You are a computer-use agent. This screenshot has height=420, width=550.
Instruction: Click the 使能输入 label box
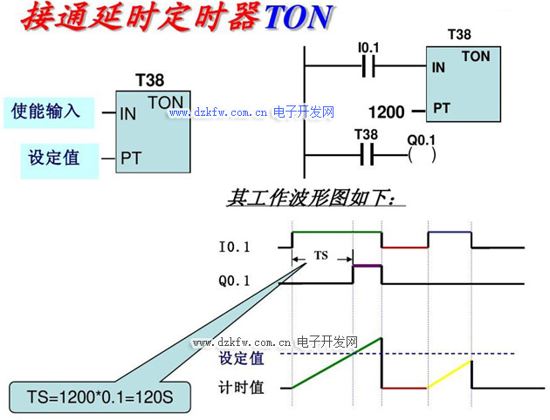45,112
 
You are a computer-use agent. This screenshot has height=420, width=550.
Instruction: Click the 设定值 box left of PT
54,158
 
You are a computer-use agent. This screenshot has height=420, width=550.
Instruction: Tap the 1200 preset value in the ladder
387,112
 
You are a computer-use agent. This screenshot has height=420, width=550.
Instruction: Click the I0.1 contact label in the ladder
370,46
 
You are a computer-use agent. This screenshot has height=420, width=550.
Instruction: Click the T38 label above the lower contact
367,134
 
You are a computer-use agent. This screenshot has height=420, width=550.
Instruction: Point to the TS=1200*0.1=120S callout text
97,396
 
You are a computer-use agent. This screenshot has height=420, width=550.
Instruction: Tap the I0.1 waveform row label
234,247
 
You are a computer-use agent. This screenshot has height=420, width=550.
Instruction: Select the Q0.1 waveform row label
234,281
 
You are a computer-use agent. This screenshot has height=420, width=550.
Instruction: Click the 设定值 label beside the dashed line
242,358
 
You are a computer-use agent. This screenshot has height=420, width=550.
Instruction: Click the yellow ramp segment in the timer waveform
450,374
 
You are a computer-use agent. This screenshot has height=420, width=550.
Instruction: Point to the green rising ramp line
336,362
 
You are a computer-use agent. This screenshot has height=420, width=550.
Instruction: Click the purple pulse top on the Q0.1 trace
368,265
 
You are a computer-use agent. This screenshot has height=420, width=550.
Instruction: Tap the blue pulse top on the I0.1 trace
449,232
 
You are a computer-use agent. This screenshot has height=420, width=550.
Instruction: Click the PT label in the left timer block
131,159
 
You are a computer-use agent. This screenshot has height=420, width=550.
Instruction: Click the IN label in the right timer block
437,66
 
